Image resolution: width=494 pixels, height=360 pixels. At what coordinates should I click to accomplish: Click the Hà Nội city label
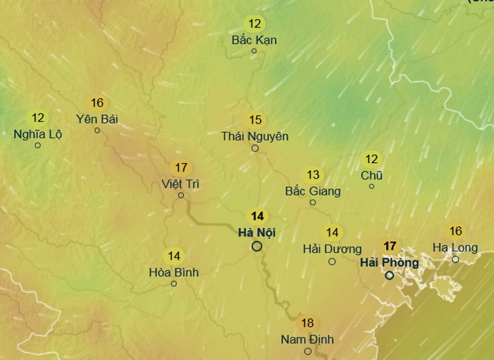click(x=257, y=232)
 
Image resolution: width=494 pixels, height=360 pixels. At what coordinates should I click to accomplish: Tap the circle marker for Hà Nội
click(x=257, y=246)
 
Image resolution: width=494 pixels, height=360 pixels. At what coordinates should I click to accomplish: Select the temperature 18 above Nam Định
click(x=308, y=323)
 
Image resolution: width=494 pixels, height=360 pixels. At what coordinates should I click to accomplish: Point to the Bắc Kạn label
click(x=254, y=40)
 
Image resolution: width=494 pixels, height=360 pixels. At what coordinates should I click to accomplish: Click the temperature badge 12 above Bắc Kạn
click(x=255, y=24)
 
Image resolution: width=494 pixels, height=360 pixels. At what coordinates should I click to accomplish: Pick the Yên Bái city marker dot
click(x=97, y=131)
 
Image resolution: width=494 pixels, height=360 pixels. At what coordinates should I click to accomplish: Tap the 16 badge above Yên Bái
click(x=97, y=103)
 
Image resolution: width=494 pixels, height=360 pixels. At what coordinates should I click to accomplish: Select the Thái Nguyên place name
click(x=255, y=136)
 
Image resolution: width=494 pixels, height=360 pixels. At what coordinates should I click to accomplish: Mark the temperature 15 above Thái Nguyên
click(x=255, y=120)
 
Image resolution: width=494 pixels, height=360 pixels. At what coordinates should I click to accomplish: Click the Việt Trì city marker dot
click(x=181, y=195)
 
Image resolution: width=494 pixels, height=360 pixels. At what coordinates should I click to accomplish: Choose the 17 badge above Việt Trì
click(x=181, y=167)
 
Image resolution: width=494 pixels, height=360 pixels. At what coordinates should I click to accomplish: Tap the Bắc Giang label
click(x=313, y=191)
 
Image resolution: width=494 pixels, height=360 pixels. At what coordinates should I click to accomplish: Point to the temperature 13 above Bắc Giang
click(x=313, y=175)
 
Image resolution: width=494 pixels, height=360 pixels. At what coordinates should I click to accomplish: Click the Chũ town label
click(x=372, y=176)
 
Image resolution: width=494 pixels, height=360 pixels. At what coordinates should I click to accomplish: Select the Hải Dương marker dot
click(x=332, y=262)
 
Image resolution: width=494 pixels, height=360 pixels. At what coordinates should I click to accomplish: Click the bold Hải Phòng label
click(x=389, y=262)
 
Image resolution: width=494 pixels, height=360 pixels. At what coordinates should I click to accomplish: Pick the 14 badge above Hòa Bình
click(x=174, y=256)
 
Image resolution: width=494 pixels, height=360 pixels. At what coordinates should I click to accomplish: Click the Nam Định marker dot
click(x=308, y=351)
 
